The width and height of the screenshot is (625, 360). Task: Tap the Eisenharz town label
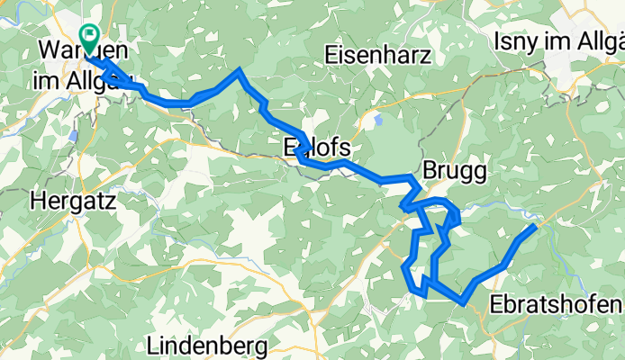(x=379, y=55)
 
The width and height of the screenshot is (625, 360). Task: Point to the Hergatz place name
(x=75, y=202)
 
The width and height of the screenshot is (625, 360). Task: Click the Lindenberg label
(x=206, y=345)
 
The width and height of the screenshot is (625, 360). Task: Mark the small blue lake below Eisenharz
(x=377, y=118)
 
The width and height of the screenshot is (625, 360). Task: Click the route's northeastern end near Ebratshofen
(x=534, y=227)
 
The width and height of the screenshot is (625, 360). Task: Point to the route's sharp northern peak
(x=239, y=70)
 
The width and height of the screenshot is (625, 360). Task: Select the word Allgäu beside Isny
(x=606, y=42)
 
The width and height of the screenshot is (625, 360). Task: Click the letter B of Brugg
(x=430, y=171)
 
